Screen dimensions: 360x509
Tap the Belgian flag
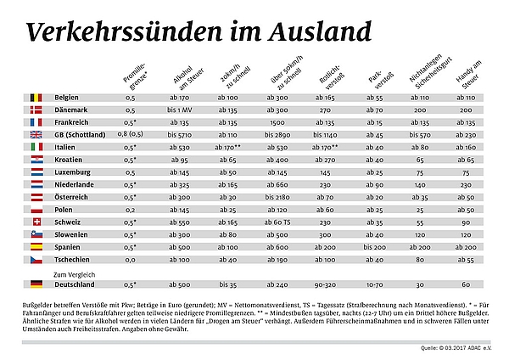point(36,98)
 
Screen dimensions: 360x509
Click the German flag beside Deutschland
point(36,284)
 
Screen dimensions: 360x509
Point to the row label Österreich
point(74,196)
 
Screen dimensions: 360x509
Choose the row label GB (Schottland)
point(81,134)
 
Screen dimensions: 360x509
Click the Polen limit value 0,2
point(131,209)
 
